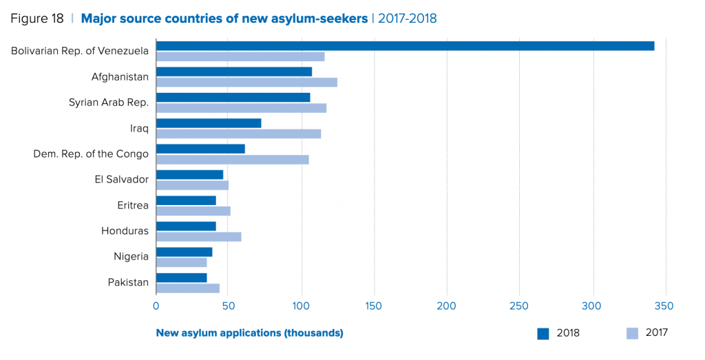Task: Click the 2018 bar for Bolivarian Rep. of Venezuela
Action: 405,46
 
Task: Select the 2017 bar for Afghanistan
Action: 246,83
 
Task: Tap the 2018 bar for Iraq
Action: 209,123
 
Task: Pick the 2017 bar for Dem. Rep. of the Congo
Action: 232,160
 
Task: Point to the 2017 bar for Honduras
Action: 198,237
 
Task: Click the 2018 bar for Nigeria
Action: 184,252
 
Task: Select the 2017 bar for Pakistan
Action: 187,288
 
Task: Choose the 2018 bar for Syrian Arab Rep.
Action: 233,98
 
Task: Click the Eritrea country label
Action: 133,205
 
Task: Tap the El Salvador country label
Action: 122,179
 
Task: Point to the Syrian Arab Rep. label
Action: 109,103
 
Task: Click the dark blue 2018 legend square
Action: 543,334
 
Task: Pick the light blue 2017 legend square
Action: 632,334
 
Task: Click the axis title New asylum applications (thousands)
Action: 249,333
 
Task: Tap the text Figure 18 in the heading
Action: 37,19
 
